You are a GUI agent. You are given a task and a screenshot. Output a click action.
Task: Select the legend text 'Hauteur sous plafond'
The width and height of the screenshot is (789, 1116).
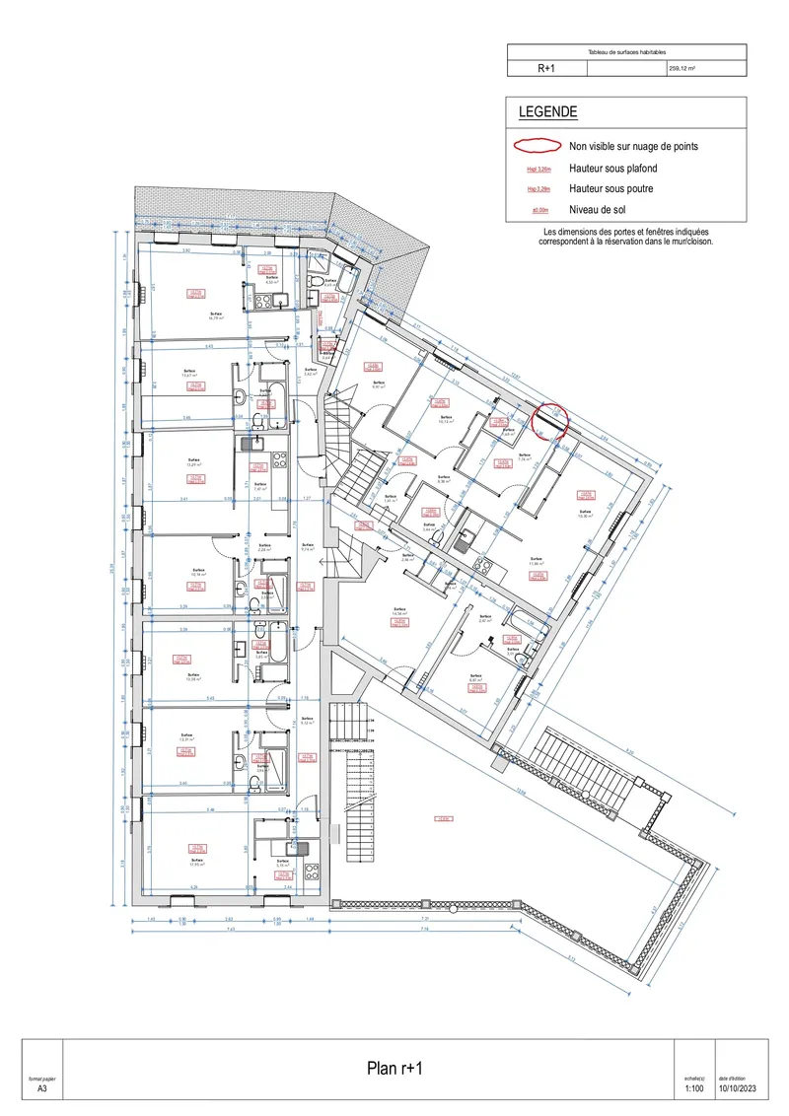[x=611, y=168]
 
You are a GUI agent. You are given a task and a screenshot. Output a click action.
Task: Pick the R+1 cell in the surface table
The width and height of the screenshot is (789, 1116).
[x=546, y=69]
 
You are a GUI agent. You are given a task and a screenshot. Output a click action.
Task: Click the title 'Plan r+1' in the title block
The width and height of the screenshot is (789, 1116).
[x=394, y=1069]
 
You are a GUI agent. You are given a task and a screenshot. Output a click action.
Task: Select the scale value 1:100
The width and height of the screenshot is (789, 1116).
[x=694, y=1089]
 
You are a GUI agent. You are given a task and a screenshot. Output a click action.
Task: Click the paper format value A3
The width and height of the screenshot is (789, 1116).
[x=42, y=1089]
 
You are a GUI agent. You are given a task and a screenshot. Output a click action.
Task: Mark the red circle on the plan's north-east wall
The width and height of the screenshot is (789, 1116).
[x=548, y=419]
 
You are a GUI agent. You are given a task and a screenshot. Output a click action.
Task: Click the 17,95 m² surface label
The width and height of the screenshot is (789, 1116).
[x=196, y=864]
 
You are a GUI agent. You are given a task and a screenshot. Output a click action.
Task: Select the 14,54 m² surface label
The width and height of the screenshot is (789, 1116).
[x=399, y=613]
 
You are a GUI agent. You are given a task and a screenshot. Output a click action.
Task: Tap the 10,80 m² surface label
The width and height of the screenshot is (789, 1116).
[x=585, y=515]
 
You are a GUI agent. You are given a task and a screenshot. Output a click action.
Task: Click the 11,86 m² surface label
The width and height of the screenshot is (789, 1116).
[x=537, y=561]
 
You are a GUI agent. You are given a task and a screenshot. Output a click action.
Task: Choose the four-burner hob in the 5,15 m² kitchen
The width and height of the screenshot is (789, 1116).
[x=311, y=872]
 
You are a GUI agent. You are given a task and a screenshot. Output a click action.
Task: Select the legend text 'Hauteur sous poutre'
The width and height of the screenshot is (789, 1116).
[x=611, y=188]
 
